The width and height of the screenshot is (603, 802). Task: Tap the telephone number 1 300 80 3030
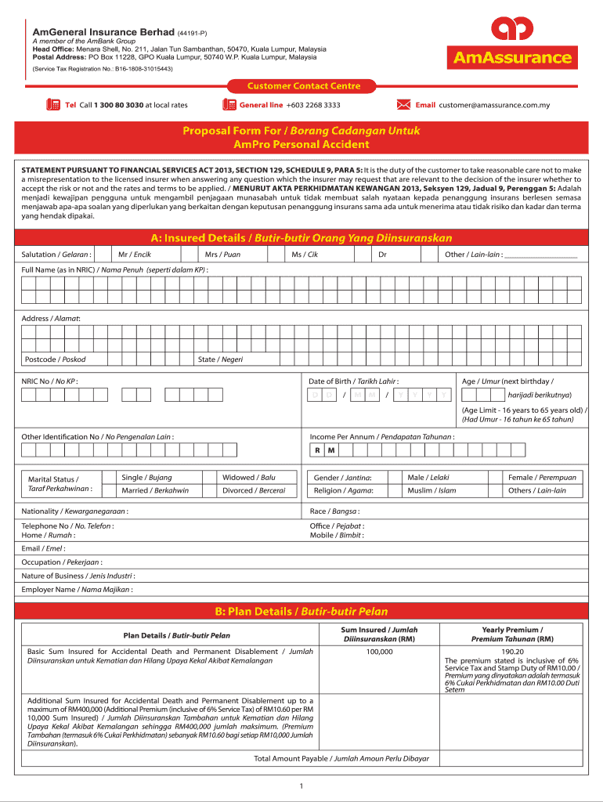[118, 105]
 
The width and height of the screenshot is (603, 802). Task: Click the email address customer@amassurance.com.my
[494, 105]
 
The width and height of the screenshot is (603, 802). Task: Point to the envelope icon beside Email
[404, 105]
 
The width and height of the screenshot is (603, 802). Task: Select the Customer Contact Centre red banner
[304, 86]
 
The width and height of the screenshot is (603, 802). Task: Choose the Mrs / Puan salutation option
[222, 255]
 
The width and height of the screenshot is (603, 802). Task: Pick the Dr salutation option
[382, 255]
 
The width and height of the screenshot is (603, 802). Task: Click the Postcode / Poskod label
[55, 359]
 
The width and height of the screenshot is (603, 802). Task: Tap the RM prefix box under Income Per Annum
[324, 450]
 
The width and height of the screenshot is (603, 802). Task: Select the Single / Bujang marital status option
[146, 477]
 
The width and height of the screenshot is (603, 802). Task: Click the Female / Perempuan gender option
[542, 477]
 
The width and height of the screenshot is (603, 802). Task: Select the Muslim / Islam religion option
[431, 491]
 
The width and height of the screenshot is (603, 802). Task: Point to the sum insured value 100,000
[379, 652]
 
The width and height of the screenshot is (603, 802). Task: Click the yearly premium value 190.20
[512, 652]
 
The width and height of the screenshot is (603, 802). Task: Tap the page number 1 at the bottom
[301, 786]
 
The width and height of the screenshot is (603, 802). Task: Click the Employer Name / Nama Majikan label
[77, 590]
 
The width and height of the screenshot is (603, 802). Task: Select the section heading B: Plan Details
[301, 611]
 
